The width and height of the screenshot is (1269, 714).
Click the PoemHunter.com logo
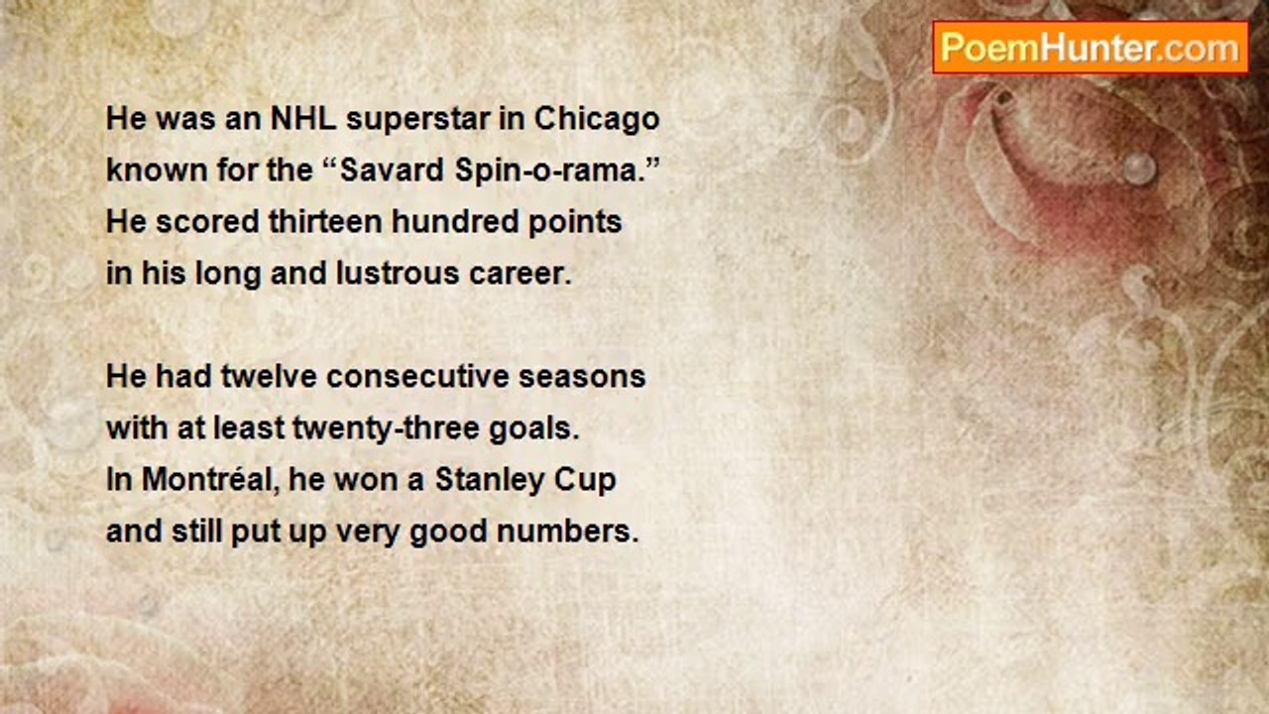[1091, 49]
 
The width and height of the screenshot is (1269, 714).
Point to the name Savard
[392, 170]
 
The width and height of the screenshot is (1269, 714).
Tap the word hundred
[455, 221]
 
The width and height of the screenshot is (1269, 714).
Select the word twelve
[269, 376]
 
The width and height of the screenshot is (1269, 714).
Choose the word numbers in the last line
[567, 532]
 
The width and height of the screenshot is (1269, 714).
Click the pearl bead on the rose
[1139, 169]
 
